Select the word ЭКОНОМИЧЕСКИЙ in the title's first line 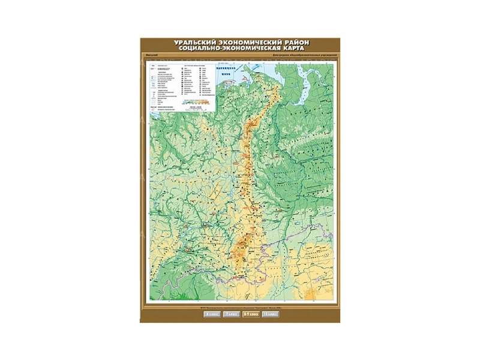coord(248,43)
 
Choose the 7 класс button coord(231,313)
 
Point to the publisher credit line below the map coord(240,306)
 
